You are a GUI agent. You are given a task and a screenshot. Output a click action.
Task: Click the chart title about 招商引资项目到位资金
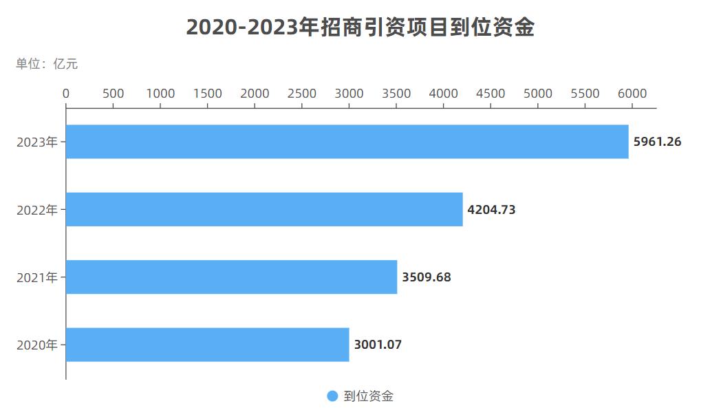click(360, 28)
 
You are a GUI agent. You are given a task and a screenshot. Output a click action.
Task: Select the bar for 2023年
click(347, 142)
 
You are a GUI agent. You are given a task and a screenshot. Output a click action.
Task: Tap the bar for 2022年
click(264, 209)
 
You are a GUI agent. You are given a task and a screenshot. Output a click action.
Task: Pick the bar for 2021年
click(232, 277)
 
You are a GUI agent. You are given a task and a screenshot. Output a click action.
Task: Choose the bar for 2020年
click(208, 344)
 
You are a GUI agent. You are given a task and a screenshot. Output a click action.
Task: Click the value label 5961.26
click(657, 142)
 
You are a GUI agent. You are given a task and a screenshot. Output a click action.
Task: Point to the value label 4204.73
click(491, 210)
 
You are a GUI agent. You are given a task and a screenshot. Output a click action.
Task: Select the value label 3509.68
click(427, 277)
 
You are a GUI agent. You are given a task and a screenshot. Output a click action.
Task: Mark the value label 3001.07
click(378, 345)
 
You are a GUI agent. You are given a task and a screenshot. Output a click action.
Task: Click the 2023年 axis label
click(37, 142)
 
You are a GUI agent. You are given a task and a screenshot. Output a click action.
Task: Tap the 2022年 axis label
click(37, 210)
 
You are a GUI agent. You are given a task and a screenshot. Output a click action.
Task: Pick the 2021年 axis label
click(37, 277)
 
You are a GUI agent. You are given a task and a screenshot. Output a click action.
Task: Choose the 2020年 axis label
click(37, 345)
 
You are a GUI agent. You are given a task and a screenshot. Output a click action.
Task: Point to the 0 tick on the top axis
click(66, 94)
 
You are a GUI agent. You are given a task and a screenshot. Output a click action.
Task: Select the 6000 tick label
click(632, 94)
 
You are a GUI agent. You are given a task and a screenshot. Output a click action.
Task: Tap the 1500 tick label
click(208, 94)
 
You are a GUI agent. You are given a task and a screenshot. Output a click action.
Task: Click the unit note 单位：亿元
click(47, 64)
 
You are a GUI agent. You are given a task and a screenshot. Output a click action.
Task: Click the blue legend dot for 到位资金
click(332, 396)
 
